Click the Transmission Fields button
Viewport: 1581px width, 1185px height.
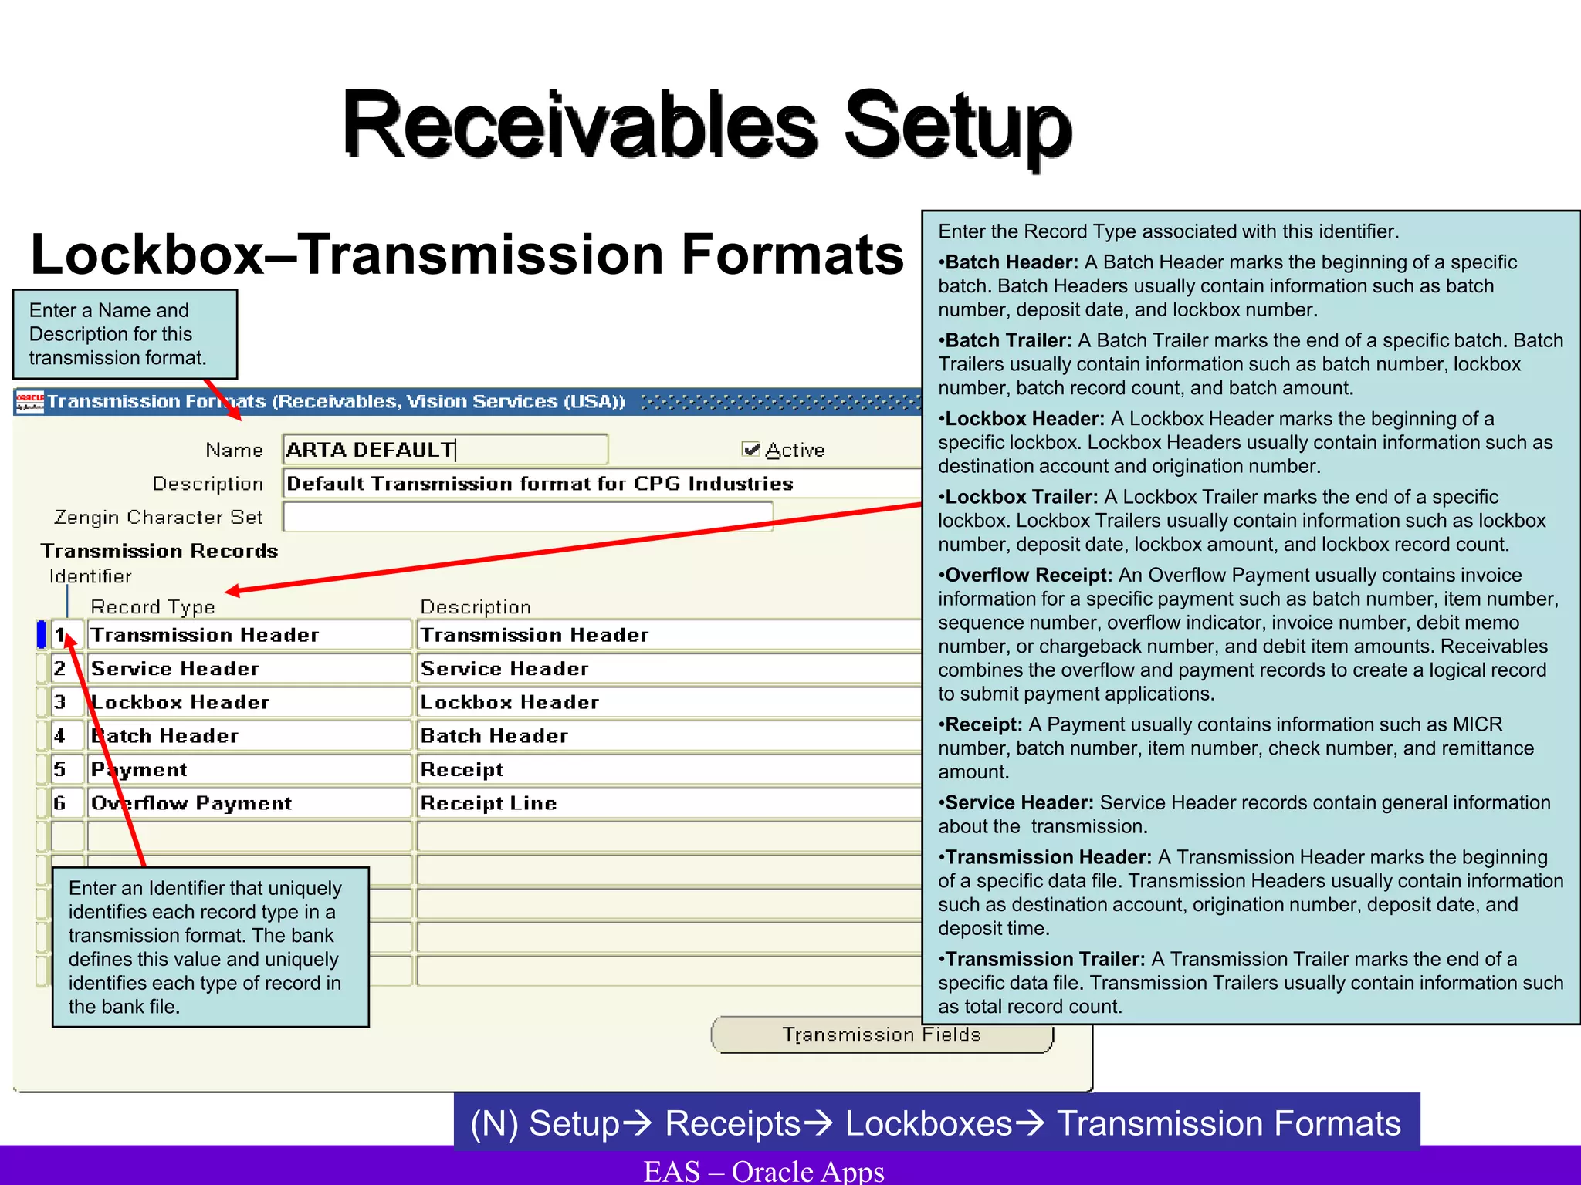pos(882,1035)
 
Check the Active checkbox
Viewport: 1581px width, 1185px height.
pos(750,449)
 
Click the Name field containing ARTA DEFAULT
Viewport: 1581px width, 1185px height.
pos(445,450)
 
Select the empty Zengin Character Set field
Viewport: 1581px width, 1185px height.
pos(527,517)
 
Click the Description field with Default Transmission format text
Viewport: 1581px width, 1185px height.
pos(602,484)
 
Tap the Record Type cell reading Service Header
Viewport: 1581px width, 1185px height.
pos(249,669)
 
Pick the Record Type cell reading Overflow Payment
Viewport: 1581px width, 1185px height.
pos(249,803)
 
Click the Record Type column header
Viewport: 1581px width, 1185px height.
pos(153,607)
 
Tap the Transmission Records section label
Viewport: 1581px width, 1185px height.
pos(160,551)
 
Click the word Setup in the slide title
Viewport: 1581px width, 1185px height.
pos(957,125)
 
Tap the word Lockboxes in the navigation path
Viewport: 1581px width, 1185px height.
pos(929,1123)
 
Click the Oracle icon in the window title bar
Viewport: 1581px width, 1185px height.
pos(30,401)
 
